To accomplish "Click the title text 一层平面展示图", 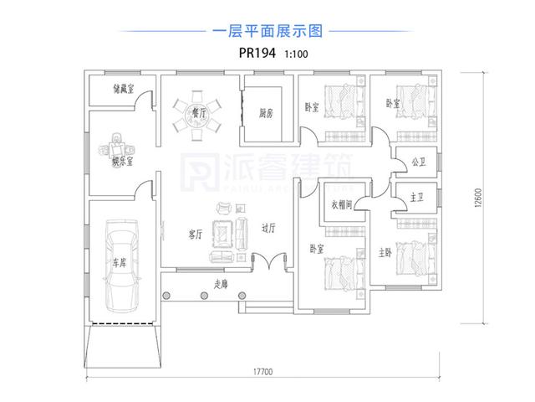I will (267, 32).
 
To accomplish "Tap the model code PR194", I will (253, 53).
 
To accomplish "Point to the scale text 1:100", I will (297, 54).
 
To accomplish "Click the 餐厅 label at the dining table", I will (199, 110).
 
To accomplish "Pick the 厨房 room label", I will (267, 113).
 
